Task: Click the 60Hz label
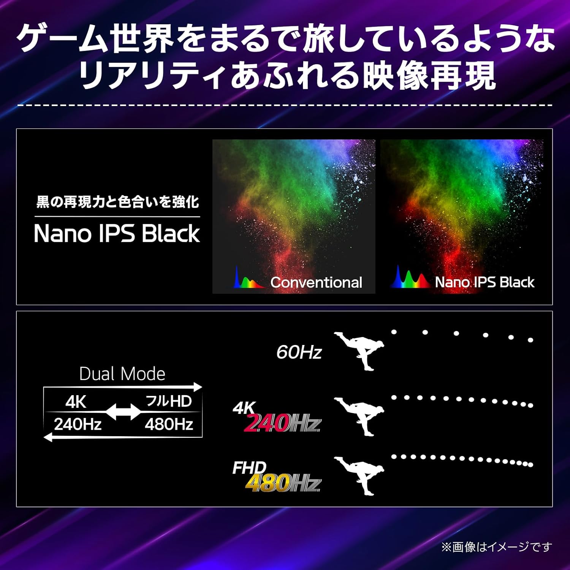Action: coord(299,352)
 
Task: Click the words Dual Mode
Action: coord(122,374)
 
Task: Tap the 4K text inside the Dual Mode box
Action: coord(76,402)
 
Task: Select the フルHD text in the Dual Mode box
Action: coord(169,401)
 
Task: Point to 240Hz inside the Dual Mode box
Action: coord(78,424)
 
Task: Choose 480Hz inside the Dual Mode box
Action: coord(169,424)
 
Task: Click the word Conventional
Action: coord(316,282)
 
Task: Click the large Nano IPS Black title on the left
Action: coord(117,233)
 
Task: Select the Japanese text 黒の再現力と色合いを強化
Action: coord(117,202)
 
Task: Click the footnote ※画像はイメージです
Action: coord(496,547)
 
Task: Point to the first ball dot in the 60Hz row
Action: coord(394,332)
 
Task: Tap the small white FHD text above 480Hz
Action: coord(249,468)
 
